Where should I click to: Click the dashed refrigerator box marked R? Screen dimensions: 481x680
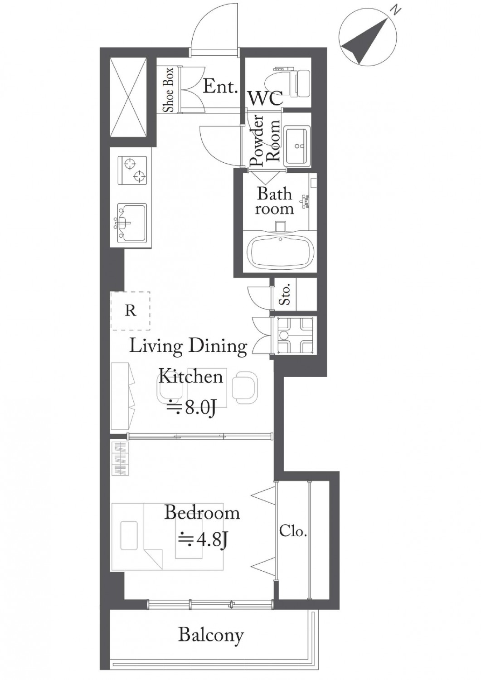(130, 311)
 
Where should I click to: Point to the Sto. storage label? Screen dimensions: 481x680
(285, 294)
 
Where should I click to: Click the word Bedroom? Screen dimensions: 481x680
(202, 513)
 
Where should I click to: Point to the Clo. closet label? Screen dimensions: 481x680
(292, 532)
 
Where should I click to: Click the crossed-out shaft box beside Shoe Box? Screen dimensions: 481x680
(130, 97)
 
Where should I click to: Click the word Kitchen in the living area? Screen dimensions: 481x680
(191, 376)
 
